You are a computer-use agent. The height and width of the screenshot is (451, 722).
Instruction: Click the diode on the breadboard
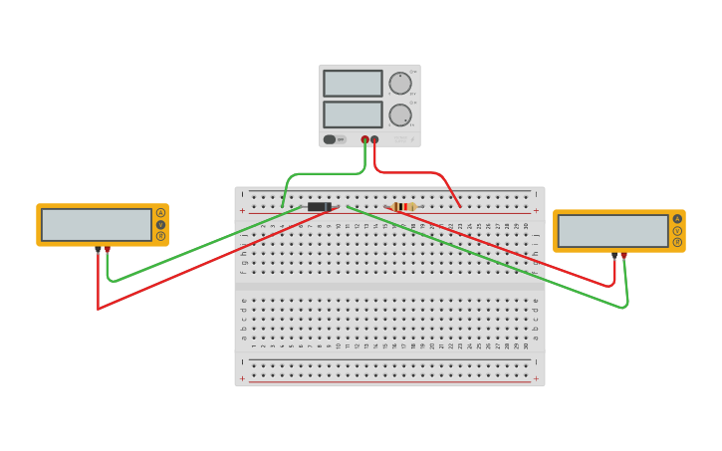point(319,207)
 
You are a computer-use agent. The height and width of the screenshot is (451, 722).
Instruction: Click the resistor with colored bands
point(402,207)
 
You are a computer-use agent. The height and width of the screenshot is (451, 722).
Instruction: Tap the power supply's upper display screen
point(353,83)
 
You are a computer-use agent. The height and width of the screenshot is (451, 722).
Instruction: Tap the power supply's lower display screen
point(353,114)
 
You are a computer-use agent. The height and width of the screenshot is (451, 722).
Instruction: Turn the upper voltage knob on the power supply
point(399,84)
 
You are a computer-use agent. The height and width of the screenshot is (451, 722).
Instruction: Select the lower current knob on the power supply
point(399,115)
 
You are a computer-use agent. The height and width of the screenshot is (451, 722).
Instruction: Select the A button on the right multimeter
point(677,219)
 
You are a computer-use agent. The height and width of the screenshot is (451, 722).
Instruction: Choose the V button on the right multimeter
point(677,230)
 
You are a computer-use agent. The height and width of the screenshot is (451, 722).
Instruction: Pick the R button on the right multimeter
point(677,242)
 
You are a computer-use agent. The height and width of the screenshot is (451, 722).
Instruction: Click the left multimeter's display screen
point(97,224)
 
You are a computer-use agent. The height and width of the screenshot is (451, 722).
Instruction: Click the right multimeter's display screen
point(612,231)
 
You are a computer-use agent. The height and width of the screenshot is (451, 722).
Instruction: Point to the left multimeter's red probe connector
point(108,249)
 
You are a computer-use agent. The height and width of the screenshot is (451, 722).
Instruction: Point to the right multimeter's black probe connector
point(614,255)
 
